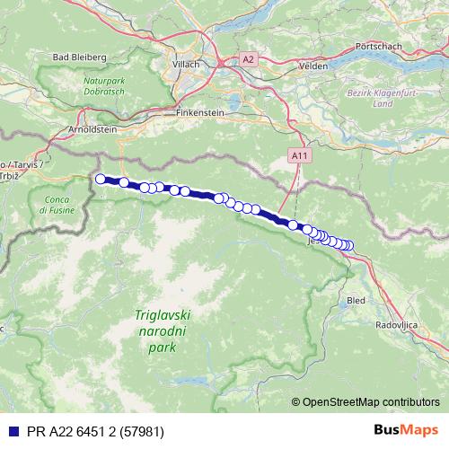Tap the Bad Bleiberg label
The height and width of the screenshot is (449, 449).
pos(80,57)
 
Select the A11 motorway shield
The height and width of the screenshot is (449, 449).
pos(298,155)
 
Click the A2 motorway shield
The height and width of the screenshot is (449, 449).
pos(248,60)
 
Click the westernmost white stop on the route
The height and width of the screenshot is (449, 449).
pos(101,179)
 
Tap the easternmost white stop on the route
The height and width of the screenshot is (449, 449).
pos(348,246)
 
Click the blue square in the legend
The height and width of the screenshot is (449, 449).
pos(8,431)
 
